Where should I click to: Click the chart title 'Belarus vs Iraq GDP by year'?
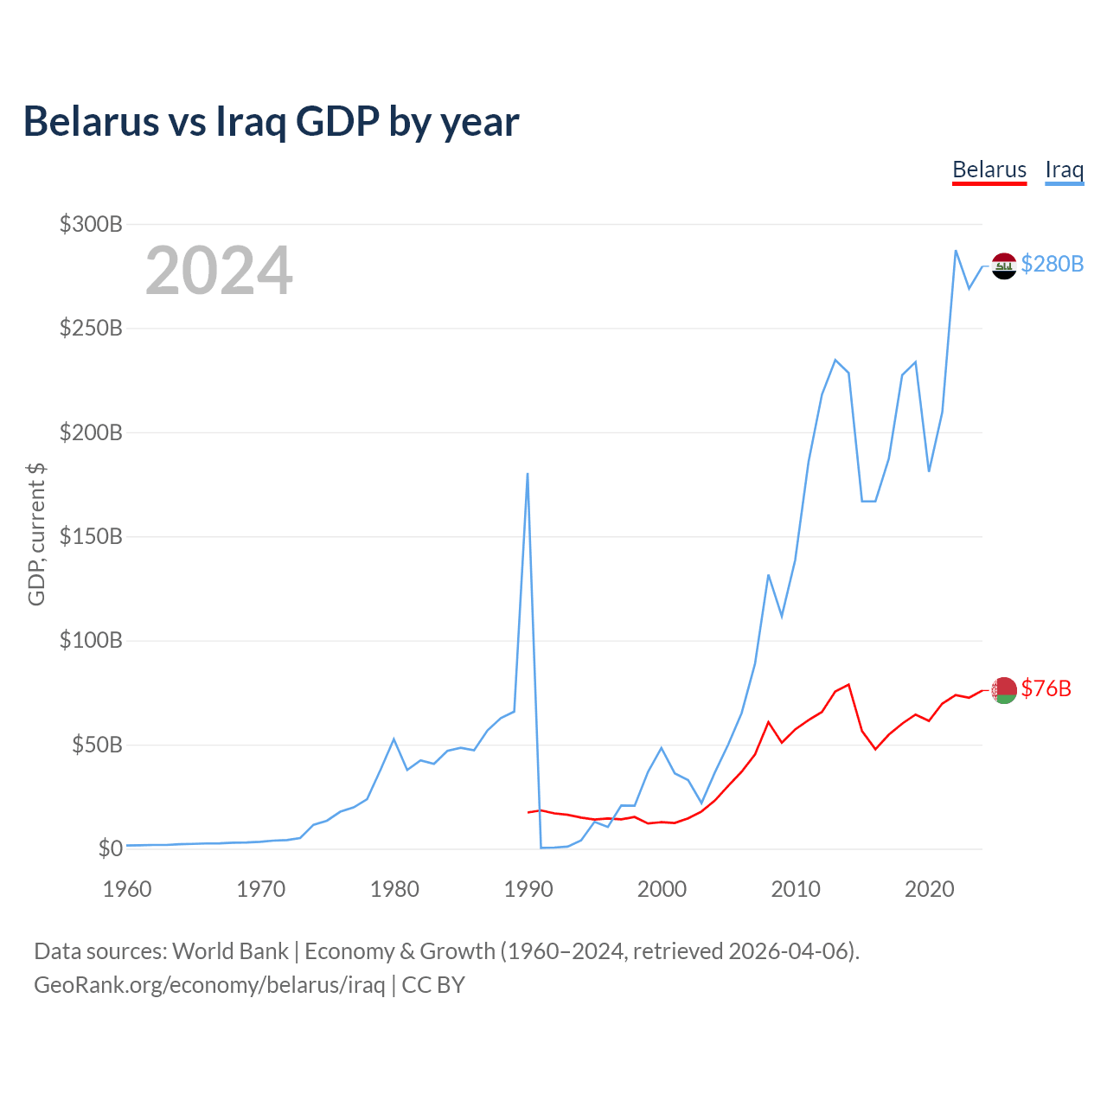[x=272, y=122]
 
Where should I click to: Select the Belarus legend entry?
[x=989, y=170]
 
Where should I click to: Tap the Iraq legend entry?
[x=1065, y=170]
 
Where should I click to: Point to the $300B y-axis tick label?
[x=91, y=224]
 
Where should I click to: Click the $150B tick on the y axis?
[x=91, y=536]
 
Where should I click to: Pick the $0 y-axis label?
[x=111, y=848]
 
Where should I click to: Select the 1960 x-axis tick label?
[x=127, y=889]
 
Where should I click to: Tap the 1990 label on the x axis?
[x=528, y=889]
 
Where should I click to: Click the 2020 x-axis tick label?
[x=929, y=889]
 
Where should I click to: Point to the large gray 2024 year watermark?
[x=219, y=270]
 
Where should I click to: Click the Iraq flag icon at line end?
[x=1003, y=266]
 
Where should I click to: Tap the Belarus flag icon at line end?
[x=1003, y=690]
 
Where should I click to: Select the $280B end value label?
[x=1052, y=265]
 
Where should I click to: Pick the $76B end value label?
[x=1046, y=688]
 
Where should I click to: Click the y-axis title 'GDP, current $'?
[x=36, y=534]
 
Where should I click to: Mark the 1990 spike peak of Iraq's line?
[x=528, y=473]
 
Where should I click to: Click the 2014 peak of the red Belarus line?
[x=848, y=684]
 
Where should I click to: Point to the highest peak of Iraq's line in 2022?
[x=956, y=251]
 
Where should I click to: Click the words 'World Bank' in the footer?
[x=230, y=951]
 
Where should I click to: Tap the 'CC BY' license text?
[x=433, y=985]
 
